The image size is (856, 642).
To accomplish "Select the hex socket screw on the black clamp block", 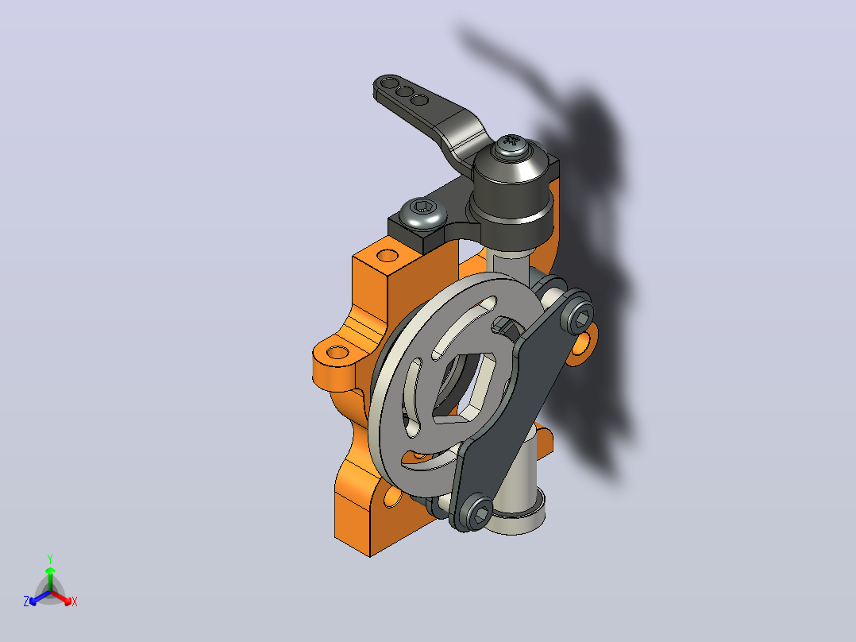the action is (x=422, y=213).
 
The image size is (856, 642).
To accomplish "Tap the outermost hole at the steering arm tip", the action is (x=390, y=84).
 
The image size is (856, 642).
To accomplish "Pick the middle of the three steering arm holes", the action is (x=404, y=92).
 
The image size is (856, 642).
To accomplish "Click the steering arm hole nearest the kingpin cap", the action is (x=418, y=100).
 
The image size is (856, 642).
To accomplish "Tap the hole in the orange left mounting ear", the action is (x=337, y=353).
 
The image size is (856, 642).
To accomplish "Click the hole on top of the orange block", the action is (x=388, y=255).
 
